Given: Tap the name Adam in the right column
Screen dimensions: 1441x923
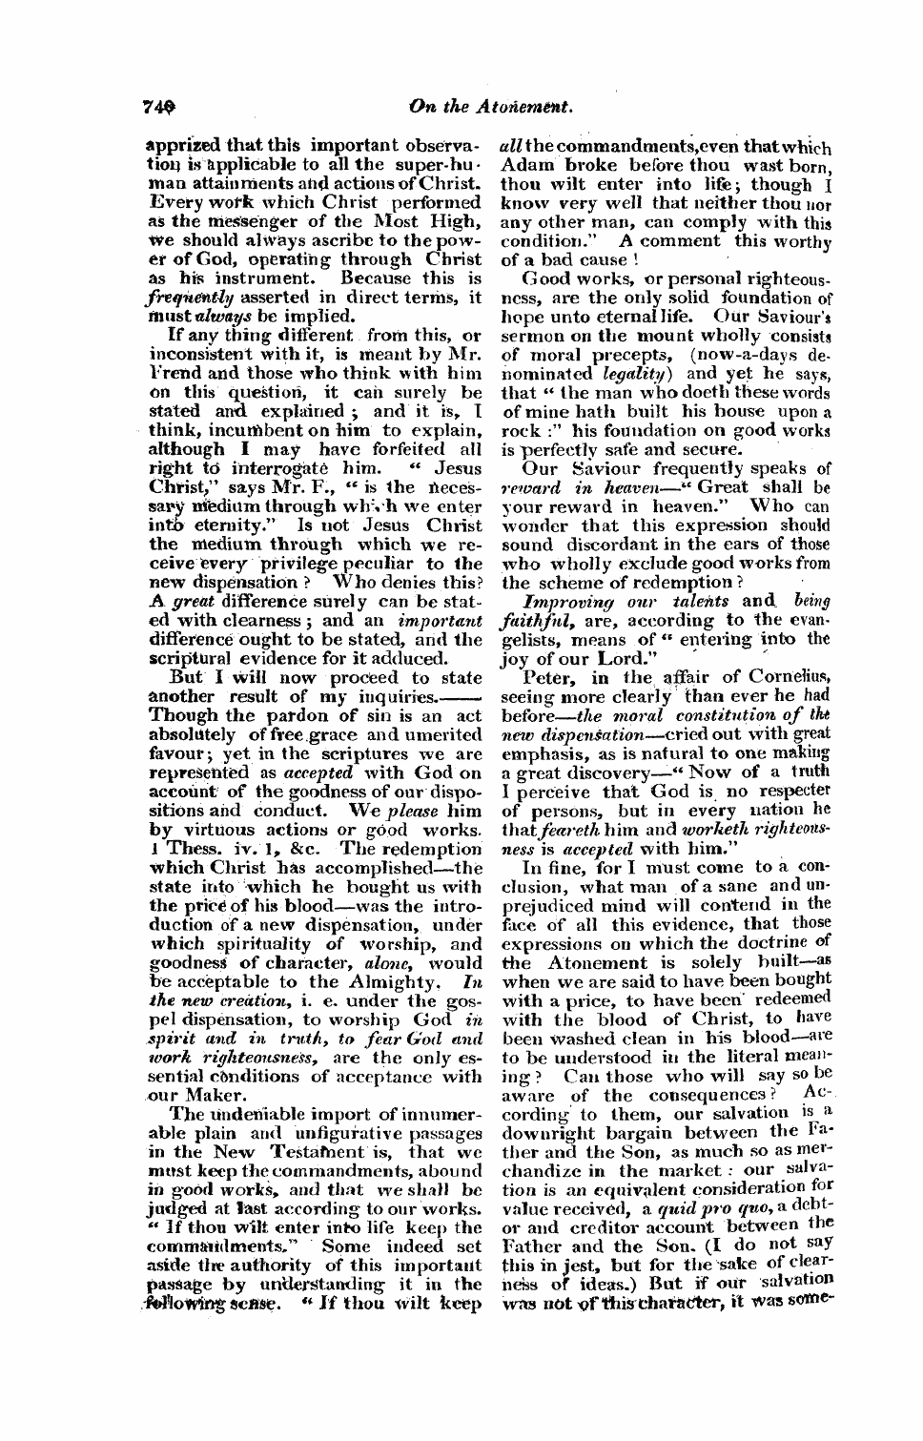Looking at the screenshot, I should click(519, 164).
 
